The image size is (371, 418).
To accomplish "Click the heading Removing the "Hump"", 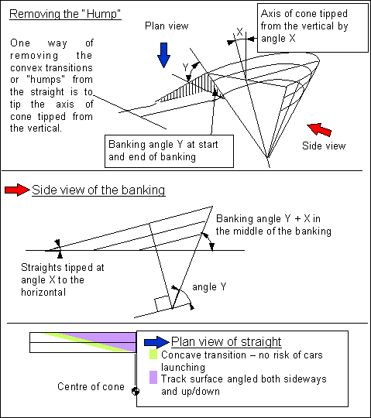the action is [x=65, y=14].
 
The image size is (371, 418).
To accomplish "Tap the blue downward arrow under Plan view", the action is [x=163, y=55].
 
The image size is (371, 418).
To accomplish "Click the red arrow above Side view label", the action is [x=319, y=129].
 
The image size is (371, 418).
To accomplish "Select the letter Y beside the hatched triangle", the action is [x=186, y=67].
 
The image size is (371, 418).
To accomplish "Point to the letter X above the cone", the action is [x=239, y=32].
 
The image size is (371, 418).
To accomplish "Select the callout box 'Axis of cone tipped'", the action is [x=313, y=28].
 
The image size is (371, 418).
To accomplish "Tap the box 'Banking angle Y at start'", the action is [x=169, y=151].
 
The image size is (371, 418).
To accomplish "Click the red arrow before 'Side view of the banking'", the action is [x=17, y=190].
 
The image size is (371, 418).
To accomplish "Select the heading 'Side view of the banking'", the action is [x=98, y=190].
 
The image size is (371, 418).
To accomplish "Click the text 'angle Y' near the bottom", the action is [x=209, y=287].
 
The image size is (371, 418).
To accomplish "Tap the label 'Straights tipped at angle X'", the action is [x=63, y=279].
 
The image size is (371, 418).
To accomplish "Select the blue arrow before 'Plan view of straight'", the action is [x=156, y=342].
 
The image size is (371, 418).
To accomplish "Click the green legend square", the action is [x=153, y=355].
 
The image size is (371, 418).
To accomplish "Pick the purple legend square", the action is [x=153, y=377].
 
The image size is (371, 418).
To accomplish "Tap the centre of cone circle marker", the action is [x=136, y=391].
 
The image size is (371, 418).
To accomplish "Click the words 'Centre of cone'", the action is [x=91, y=386].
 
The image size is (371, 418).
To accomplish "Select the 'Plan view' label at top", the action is [x=167, y=26].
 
